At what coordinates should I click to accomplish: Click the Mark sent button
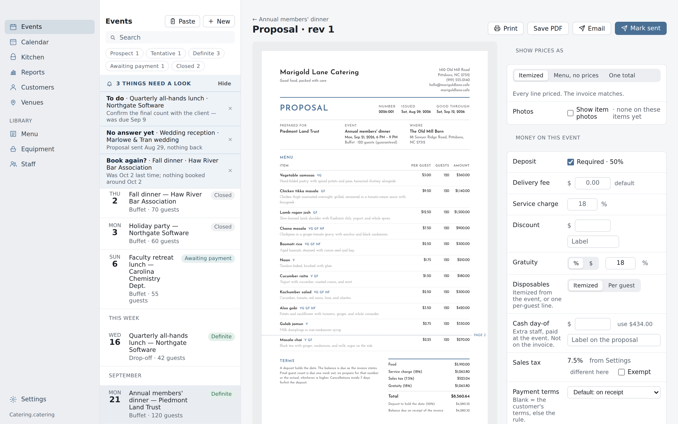641,28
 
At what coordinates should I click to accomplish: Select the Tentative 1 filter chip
166,53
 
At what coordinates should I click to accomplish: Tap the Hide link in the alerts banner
224,84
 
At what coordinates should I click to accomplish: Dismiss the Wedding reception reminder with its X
230,140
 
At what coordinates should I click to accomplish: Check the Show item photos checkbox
570,113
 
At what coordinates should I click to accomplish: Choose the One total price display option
622,75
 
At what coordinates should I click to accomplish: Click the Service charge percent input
582,204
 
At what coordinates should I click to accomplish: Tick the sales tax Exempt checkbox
621,372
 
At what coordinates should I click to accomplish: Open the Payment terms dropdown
614,392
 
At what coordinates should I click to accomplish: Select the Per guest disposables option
621,285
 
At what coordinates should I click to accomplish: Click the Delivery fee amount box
593,183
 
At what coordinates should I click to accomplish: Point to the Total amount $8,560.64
460,396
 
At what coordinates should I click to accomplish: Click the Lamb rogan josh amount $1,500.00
462,212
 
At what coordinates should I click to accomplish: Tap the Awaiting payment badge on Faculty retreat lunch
208,258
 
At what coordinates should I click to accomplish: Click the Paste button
183,21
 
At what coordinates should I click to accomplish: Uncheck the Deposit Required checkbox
570,162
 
